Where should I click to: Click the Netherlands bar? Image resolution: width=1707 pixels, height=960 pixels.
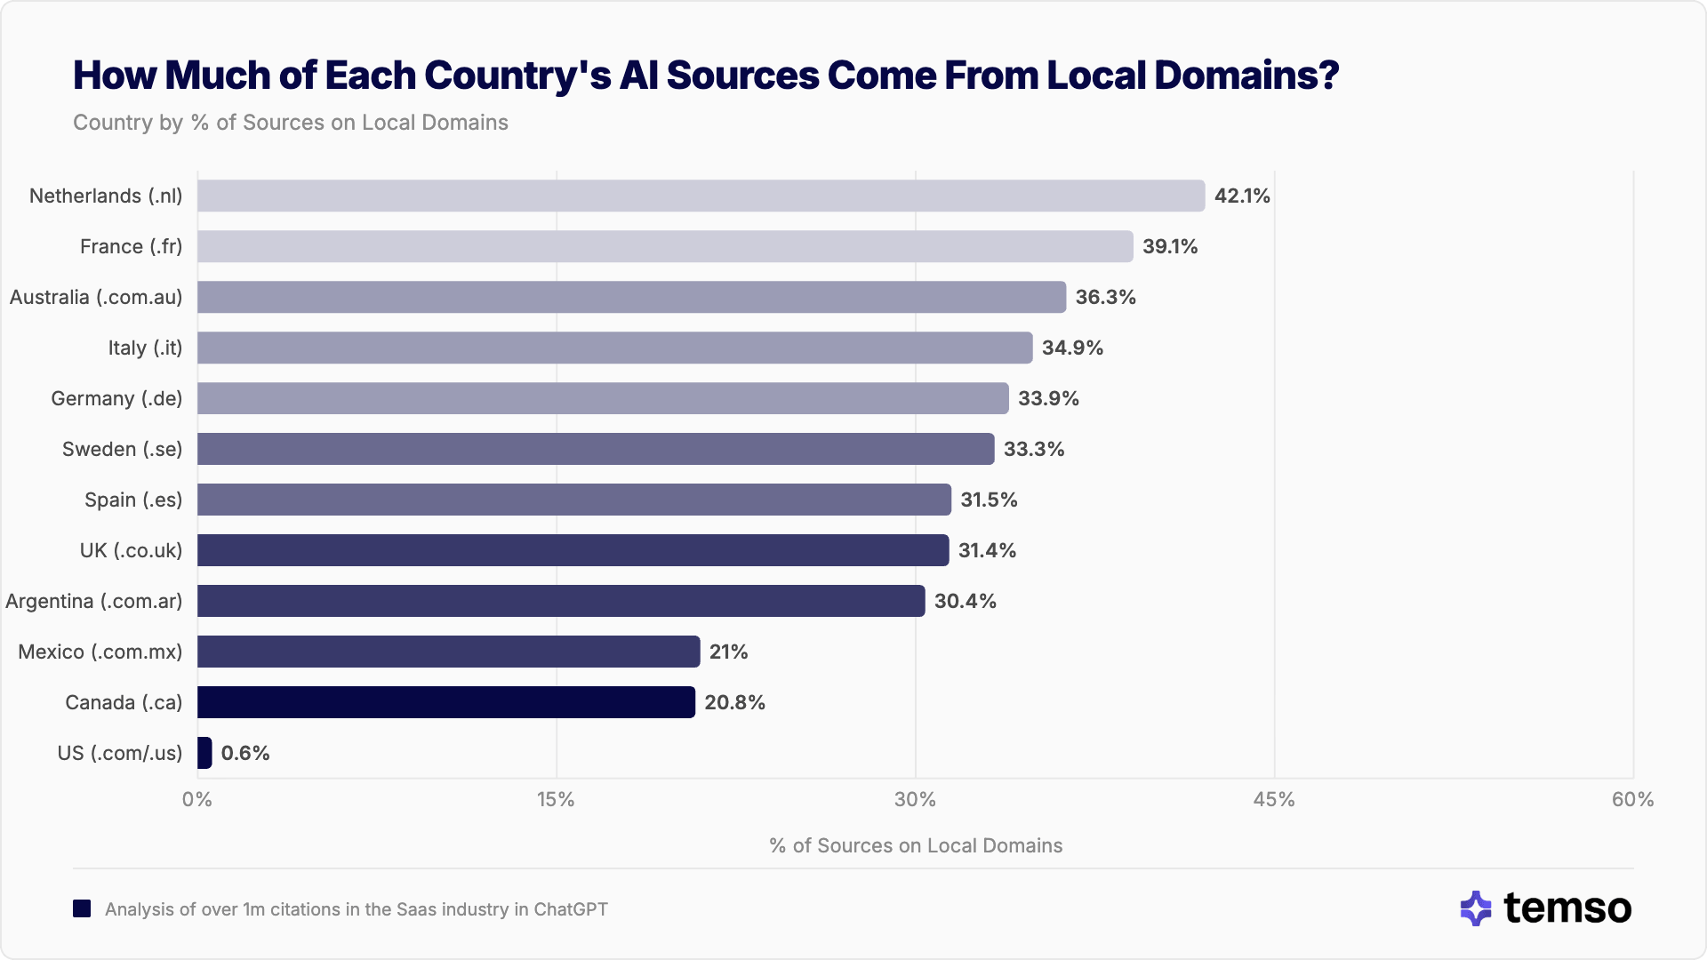coord(701,196)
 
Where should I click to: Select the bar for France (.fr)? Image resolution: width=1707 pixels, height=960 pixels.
coord(665,246)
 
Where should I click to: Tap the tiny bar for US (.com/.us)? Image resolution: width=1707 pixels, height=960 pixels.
coord(204,753)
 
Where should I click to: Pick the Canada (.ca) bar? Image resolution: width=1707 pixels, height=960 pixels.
coord(445,702)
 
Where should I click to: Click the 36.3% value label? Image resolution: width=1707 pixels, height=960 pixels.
coord(1105,297)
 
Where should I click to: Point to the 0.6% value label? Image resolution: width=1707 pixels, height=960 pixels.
coord(245,753)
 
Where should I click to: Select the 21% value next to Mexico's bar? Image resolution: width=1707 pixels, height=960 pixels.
coord(728,652)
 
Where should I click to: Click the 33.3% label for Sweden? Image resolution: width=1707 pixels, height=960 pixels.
coord(1034,449)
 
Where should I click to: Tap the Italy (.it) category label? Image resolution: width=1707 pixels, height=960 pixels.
coord(145,348)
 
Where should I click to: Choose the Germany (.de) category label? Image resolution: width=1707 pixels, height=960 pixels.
coord(116,398)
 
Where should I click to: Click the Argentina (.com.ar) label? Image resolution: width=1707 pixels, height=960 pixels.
coord(93,601)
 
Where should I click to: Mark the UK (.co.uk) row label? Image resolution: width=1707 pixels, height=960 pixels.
coord(131,550)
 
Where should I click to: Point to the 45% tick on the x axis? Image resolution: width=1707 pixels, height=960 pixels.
coord(1273,799)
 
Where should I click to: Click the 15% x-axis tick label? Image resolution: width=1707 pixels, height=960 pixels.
coord(556,799)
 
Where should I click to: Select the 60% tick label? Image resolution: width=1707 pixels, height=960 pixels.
coord(1632,799)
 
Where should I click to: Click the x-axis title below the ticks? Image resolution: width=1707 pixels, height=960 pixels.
coord(916,845)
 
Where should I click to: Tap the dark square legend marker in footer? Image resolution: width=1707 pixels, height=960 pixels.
coord(82,908)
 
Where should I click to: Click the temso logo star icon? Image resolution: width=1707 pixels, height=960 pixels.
coord(1476,908)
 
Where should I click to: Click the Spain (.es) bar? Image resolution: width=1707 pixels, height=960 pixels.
coord(573,500)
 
